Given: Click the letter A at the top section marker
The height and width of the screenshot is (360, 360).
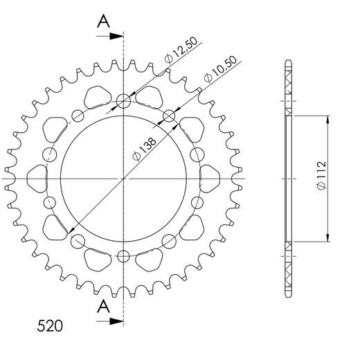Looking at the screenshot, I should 103,21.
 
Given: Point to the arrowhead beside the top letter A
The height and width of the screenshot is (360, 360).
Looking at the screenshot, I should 118,33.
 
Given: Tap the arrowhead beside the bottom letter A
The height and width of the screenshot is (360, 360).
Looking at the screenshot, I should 118,321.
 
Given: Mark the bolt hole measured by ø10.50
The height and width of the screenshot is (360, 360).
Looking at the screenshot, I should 168,116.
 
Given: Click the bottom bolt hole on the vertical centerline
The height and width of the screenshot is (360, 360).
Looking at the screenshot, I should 124,255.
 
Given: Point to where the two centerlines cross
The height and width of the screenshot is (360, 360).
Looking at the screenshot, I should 124,179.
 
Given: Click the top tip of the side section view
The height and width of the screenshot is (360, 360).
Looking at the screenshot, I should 288,62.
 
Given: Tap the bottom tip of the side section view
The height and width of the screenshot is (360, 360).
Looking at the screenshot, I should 288,295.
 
